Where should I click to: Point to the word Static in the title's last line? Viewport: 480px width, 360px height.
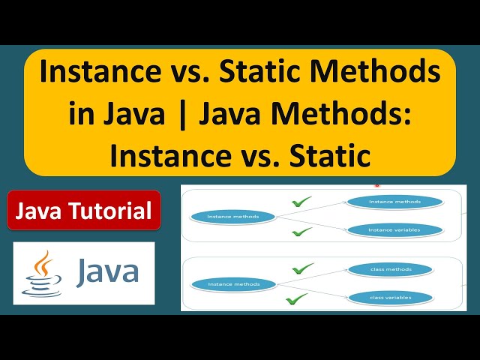pyautogui.click(x=332, y=156)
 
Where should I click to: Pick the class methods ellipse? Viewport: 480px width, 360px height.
pyautogui.click(x=390, y=268)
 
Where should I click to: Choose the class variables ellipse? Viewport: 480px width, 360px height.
pyautogui.click(x=390, y=298)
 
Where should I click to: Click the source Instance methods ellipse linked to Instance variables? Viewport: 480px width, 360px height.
pyautogui.click(x=233, y=217)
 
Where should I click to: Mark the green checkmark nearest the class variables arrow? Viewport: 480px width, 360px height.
pyautogui.click(x=296, y=299)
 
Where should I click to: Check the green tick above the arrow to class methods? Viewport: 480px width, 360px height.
pyautogui.click(x=302, y=268)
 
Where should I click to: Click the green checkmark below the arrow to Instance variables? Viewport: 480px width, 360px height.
pyautogui.click(x=301, y=232)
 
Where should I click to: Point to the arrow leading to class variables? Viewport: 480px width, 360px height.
pyautogui.click(x=311, y=291)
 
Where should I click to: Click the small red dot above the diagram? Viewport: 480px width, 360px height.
pyautogui.click(x=377, y=184)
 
